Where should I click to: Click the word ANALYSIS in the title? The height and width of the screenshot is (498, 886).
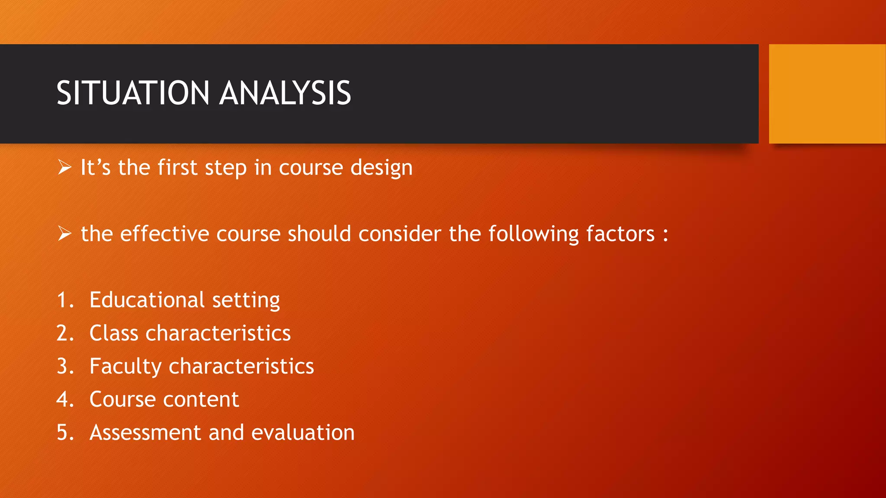click(x=285, y=93)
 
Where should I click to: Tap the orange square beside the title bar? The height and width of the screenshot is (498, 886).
click(x=827, y=93)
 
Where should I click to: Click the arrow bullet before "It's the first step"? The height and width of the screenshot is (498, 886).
click(x=64, y=167)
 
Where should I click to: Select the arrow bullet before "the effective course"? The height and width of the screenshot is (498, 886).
click(x=64, y=234)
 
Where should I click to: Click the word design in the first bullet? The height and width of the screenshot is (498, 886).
click(x=381, y=168)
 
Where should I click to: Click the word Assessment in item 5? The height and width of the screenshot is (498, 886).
click(x=145, y=433)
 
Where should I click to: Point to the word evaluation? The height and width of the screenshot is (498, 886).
click(x=303, y=433)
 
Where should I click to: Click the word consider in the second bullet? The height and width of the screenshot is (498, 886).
click(x=400, y=234)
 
